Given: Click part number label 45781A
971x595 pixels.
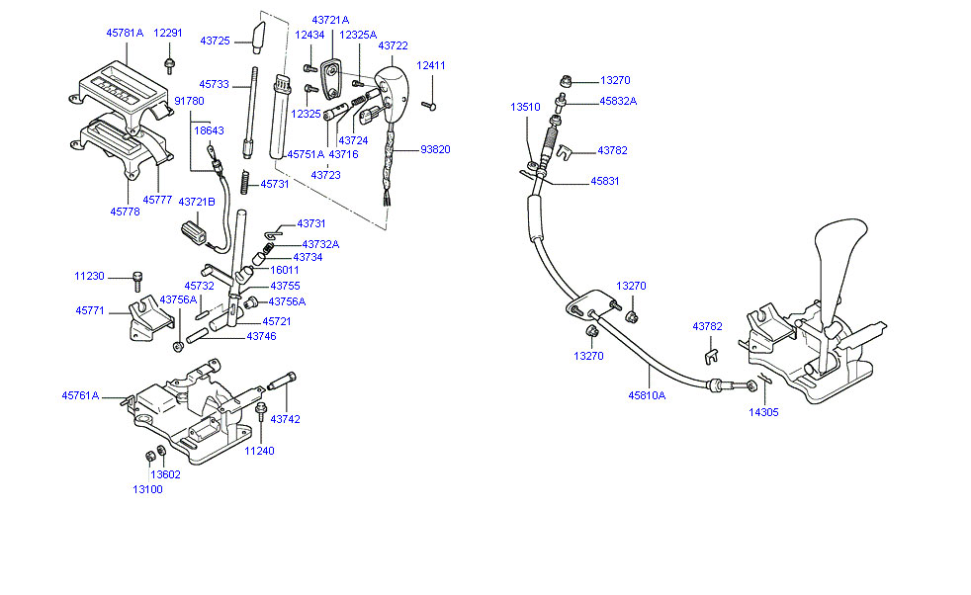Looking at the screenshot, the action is click(125, 33).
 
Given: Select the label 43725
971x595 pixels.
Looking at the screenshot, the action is click(215, 41).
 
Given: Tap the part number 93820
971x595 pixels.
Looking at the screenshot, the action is click(435, 149).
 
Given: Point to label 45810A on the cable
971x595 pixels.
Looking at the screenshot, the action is click(647, 395).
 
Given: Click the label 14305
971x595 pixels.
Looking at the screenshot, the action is click(763, 412).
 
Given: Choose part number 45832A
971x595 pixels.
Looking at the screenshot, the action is click(618, 101).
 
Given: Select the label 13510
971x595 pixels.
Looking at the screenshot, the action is click(525, 107).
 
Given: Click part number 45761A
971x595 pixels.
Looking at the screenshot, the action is click(80, 395).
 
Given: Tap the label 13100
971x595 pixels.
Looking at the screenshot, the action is click(147, 489).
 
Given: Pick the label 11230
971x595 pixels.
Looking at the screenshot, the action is click(89, 276).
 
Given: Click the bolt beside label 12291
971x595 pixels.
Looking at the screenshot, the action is click(169, 65).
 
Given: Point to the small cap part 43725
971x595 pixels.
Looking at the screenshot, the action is click(258, 38).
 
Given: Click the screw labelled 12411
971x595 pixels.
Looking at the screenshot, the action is click(428, 106).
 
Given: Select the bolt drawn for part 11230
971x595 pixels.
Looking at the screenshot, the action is click(136, 282).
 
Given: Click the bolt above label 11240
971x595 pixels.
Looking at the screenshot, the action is click(261, 411).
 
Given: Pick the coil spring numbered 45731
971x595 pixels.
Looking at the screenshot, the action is click(245, 182).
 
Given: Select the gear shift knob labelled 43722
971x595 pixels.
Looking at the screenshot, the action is click(391, 87).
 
